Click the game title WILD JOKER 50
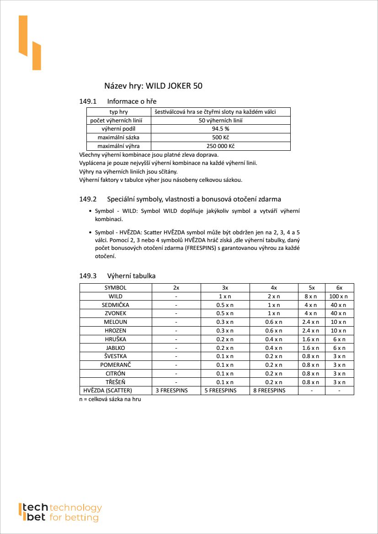pyautogui.click(x=153, y=86)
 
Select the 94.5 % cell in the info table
pyautogui.click(x=220, y=129)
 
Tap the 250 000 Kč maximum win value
pyautogui.click(x=220, y=146)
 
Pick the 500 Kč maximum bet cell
pyautogui.click(x=220, y=137)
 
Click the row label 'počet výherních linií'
pyautogui.click(x=118, y=121)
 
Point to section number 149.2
pyautogui.click(x=88, y=199)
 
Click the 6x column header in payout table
pyautogui.click(x=339, y=288)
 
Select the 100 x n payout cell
pyautogui.click(x=339, y=296)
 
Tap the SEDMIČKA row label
pyautogui.click(x=115, y=305)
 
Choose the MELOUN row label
pyautogui.click(x=115, y=322)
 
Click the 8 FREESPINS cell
pyautogui.click(x=269, y=391)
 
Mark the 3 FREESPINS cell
pyautogui.click(x=171, y=391)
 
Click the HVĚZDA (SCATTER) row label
pyautogui.click(x=108, y=391)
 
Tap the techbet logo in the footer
pyautogui.click(x=59, y=512)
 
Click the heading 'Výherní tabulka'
pyautogui.click(x=131, y=276)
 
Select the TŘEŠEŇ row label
pyautogui.click(x=115, y=382)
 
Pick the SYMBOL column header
pyautogui.click(x=115, y=288)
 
